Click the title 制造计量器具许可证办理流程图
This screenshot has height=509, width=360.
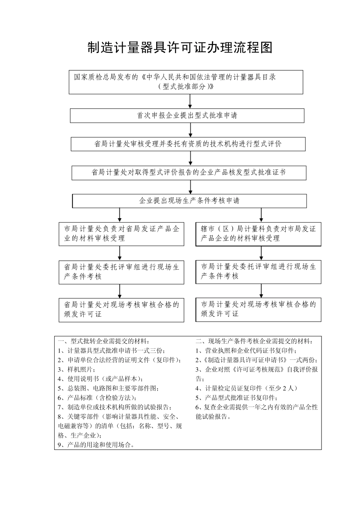180,48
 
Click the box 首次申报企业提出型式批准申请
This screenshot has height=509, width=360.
187,116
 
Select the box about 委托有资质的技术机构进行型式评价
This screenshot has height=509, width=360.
188,144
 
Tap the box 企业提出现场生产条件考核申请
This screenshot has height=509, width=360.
189,201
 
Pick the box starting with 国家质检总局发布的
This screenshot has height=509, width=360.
186,82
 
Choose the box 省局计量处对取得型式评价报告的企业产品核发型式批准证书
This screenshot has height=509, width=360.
189,173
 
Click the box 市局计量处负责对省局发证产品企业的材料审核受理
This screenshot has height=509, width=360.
121,234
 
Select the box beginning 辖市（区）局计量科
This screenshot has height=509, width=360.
258,234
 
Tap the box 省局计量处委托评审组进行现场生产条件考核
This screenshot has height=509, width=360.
121,272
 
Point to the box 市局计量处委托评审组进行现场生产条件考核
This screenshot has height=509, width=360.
258,272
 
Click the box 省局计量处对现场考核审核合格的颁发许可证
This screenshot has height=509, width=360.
121,310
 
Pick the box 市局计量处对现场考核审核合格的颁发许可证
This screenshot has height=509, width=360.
258,309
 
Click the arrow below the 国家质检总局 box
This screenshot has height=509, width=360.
190,101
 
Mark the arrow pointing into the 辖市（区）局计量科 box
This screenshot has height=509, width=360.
261,215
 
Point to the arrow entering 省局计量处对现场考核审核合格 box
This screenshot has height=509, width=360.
120,291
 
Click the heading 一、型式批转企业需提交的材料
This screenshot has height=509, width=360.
104,341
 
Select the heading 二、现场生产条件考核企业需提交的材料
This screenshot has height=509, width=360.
254,341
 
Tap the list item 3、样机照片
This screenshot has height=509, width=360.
76,369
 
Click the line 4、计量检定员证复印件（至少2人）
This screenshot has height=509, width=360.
246,388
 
